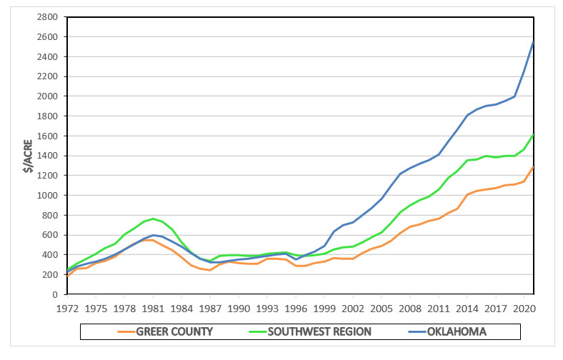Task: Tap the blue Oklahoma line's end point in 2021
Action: tap(534, 41)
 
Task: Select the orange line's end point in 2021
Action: tap(534, 166)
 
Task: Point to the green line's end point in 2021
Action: tap(534, 134)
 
